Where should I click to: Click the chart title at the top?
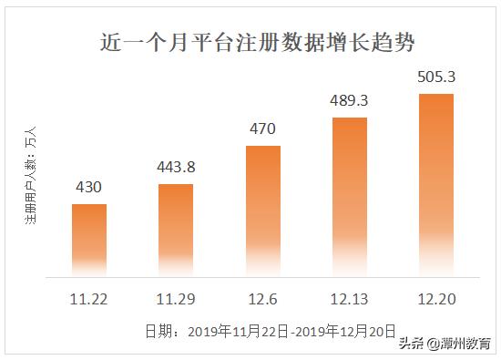[x=250, y=42]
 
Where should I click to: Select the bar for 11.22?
[x=89, y=239]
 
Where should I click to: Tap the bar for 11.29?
[x=176, y=229]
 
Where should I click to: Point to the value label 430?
[x=89, y=188]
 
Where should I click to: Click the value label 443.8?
[x=176, y=168]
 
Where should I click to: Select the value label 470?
[x=262, y=129]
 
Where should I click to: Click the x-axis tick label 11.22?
[x=89, y=299]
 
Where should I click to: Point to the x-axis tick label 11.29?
[x=176, y=299]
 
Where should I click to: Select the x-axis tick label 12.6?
[x=262, y=299]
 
